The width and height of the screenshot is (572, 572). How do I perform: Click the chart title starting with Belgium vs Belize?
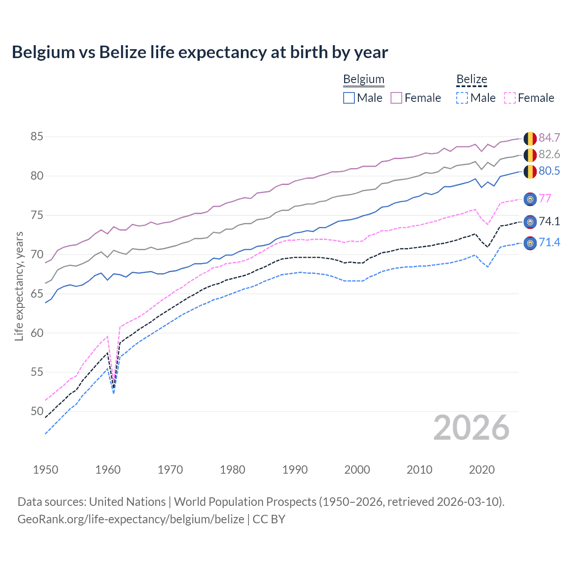(x=200, y=52)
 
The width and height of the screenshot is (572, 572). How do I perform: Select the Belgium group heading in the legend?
(x=363, y=79)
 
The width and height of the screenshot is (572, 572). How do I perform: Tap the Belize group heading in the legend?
(x=471, y=79)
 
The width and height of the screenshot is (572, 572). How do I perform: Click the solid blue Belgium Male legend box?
(x=349, y=98)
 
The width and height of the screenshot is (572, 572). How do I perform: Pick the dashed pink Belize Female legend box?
(x=509, y=98)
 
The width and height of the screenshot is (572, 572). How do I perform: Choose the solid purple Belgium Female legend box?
(x=396, y=98)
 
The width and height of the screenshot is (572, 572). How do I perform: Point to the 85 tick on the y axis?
(x=37, y=136)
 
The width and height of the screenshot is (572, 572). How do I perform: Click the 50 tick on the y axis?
(x=37, y=411)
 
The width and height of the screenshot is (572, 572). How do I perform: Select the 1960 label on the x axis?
(x=108, y=470)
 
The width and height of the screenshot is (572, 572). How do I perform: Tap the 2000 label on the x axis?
(x=357, y=470)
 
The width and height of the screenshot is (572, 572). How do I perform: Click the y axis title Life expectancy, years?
(x=19, y=286)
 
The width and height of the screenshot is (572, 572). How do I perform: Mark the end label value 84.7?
(x=549, y=138)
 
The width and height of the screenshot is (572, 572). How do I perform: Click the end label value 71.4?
(x=549, y=243)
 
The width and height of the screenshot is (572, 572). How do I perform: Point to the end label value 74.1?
(x=549, y=222)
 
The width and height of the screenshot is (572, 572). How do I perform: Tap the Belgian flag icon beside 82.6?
(x=530, y=155)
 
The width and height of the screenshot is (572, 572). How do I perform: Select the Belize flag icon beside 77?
(x=530, y=199)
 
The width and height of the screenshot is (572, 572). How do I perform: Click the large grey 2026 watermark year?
(x=471, y=428)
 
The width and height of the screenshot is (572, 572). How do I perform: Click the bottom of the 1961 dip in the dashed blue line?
(x=114, y=393)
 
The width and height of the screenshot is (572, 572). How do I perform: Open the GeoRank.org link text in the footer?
(x=130, y=519)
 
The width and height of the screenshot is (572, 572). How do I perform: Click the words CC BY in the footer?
(x=269, y=519)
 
